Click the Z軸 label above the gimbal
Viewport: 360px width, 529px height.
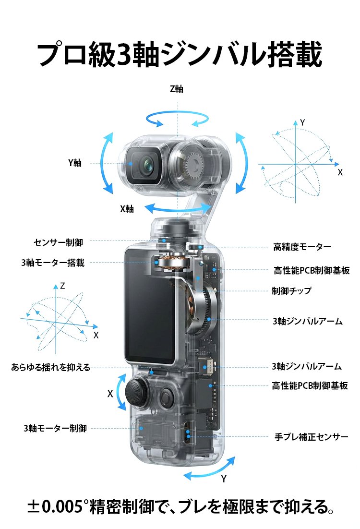(x=176, y=89)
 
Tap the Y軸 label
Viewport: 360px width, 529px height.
(x=75, y=163)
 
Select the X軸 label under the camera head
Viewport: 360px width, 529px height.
(x=127, y=209)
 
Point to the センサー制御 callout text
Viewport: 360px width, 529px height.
(x=59, y=242)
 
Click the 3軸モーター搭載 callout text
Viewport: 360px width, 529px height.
(x=53, y=263)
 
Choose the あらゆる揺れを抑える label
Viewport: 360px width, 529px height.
(x=50, y=367)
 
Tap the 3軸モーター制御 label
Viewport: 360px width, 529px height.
(x=55, y=428)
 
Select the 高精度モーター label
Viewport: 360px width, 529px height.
(x=302, y=247)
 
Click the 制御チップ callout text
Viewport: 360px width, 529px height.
(x=291, y=290)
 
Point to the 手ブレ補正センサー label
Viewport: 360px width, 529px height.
(x=312, y=437)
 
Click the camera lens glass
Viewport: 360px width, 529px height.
(x=148, y=165)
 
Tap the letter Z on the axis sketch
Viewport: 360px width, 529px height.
(x=62, y=286)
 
